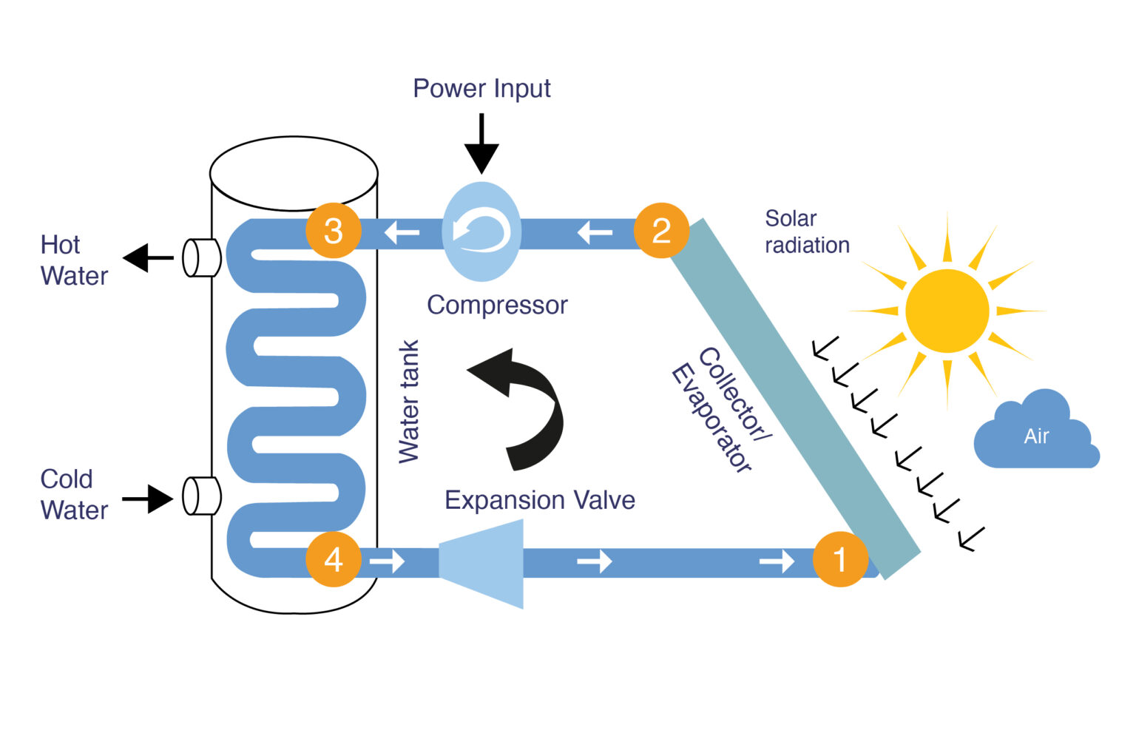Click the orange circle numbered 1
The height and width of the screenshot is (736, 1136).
[840, 559]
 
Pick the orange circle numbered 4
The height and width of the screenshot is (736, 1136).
[334, 559]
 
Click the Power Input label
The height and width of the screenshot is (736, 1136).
[481, 89]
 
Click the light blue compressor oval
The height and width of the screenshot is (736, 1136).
[481, 232]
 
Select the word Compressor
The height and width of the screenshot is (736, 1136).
[497, 305]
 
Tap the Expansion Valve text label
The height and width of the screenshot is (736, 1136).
[539, 500]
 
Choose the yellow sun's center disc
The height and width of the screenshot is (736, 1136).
[947, 311]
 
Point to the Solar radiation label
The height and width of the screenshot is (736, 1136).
[806, 232]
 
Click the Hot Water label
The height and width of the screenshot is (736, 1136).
[73, 260]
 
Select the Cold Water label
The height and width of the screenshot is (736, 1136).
[73, 494]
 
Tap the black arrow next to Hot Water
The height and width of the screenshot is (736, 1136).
[147, 258]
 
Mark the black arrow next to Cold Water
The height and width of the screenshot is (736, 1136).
[149, 499]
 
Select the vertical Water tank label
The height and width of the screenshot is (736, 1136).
[409, 402]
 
